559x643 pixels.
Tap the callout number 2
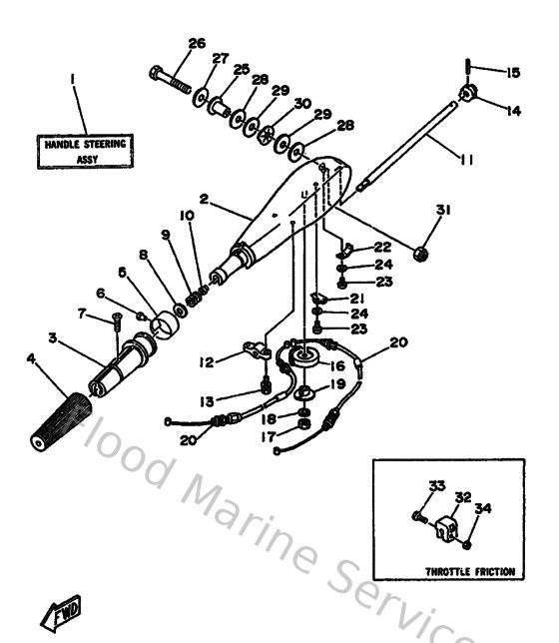point(203,201)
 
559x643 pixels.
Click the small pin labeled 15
point(468,70)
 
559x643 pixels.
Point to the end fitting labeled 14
point(467,95)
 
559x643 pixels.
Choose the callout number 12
point(206,360)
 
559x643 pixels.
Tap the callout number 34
point(482,509)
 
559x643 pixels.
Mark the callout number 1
point(73,77)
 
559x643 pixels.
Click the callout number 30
point(301,103)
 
